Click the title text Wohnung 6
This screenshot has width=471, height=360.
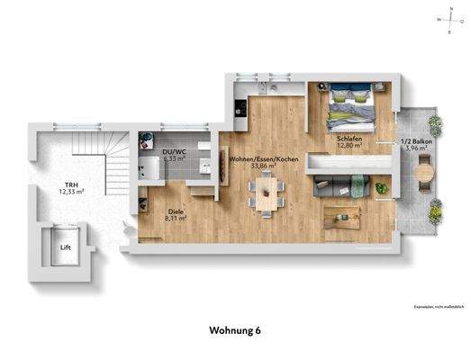tap(235, 329)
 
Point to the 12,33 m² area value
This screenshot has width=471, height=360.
tap(71, 191)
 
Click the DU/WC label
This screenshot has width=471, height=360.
tap(175, 152)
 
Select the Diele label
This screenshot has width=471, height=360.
tap(175, 211)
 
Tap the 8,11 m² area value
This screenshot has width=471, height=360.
tap(175, 218)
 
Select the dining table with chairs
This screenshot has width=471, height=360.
tap(268, 193)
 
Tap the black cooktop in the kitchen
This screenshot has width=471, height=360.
tap(240, 109)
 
